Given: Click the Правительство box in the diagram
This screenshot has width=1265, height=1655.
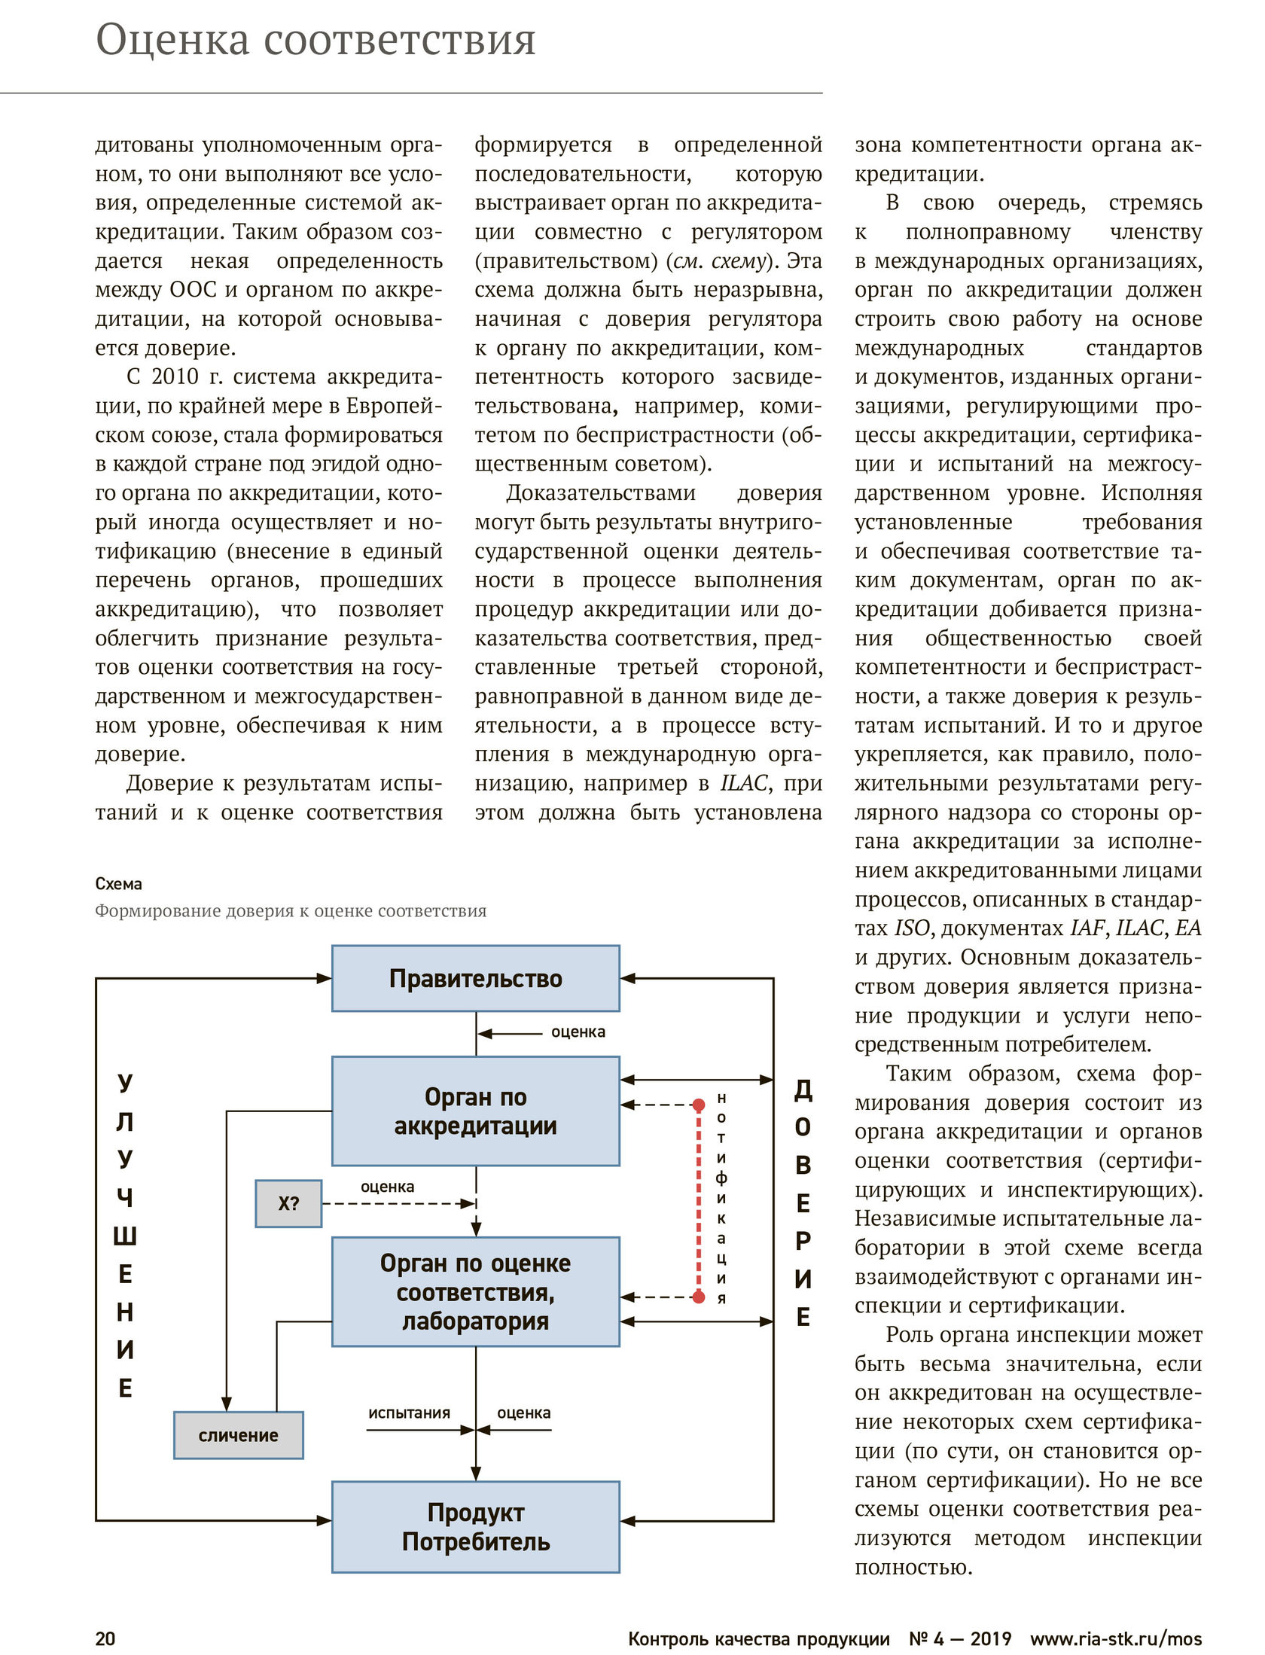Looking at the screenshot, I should (475, 978).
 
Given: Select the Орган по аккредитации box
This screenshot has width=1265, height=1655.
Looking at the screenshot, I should (475, 1111).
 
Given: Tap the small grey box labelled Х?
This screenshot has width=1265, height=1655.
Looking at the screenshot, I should (288, 1203).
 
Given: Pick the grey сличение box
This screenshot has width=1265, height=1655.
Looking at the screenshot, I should (238, 1435).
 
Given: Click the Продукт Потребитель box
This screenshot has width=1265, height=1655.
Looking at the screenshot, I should (475, 1526).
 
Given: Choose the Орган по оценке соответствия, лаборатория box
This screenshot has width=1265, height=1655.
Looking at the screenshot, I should (475, 1291).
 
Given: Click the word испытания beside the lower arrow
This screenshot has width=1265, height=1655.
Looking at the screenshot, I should (409, 1413).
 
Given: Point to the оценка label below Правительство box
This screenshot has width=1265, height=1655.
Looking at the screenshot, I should (578, 1032).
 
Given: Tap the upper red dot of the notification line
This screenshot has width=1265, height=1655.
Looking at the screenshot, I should (699, 1105).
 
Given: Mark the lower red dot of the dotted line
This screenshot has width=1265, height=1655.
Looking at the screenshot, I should (699, 1297).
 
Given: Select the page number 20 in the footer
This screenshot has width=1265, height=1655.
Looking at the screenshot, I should (105, 1638).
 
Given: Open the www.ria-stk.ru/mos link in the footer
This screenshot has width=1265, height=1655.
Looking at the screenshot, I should (1116, 1638).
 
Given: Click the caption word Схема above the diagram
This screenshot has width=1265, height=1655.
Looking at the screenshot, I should (118, 883).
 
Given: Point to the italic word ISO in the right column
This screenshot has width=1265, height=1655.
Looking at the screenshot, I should (913, 928).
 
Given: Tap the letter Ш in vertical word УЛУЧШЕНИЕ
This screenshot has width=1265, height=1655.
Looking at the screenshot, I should (125, 1236).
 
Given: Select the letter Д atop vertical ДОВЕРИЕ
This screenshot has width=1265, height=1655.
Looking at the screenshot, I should (803, 1089).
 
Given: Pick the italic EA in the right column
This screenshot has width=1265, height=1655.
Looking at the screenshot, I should (1187, 928).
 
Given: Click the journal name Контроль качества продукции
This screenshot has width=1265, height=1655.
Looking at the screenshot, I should (759, 1638).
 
